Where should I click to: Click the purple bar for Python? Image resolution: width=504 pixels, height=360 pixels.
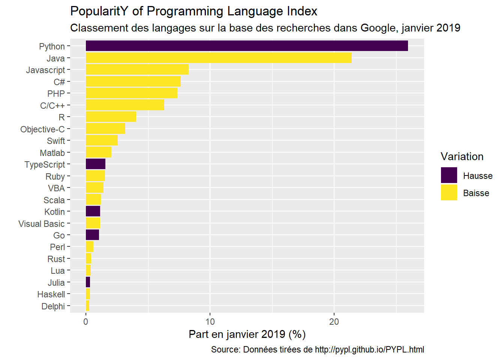247,46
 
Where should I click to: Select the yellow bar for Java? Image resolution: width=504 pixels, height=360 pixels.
219,58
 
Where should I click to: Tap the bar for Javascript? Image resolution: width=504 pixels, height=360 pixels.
137,70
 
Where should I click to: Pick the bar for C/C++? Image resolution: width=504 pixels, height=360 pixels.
125,105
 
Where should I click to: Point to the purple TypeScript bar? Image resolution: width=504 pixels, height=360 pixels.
96,164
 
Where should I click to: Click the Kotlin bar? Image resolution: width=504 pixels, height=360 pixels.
93,211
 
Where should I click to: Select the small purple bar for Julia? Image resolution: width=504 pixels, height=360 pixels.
88,282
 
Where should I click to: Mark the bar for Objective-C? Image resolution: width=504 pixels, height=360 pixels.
105,129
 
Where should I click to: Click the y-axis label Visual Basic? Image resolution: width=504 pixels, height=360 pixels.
42,224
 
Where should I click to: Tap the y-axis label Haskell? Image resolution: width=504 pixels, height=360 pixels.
51,294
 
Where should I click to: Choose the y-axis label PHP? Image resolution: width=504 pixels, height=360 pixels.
56,94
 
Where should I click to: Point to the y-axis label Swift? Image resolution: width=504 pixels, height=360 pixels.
56,141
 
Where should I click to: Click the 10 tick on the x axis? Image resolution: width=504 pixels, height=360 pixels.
210,322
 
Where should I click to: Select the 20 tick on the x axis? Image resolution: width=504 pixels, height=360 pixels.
334,322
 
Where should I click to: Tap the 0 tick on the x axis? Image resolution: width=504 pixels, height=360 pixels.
86,322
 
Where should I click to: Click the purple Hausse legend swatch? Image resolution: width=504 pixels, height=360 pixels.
449,175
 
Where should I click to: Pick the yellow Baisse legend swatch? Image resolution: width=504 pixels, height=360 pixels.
449,193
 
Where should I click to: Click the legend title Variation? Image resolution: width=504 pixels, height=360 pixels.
462,157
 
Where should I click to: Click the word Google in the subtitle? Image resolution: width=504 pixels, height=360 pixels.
378,28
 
